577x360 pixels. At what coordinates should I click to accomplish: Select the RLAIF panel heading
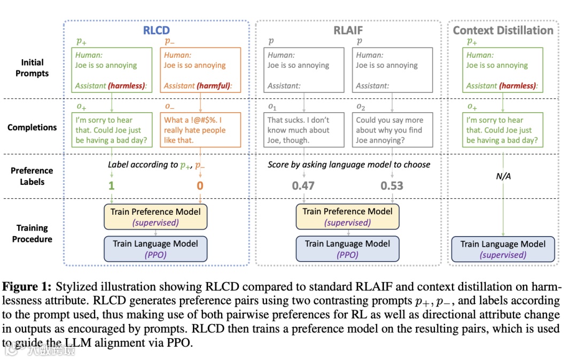click(348, 30)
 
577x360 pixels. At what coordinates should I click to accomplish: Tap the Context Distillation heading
click(503, 30)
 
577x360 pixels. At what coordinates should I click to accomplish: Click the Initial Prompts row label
click(32, 68)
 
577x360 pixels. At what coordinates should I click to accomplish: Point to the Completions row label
click(32, 128)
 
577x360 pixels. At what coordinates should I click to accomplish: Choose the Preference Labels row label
click(32, 176)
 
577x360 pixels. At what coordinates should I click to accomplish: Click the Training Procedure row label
click(32, 233)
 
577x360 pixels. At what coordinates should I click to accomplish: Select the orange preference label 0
click(199, 186)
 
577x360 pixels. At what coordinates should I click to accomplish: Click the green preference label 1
click(111, 186)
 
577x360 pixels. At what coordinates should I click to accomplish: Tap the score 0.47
click(303, 186)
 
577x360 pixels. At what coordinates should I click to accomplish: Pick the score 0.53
click(392, 186)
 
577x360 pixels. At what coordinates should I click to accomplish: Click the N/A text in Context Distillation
click(503, 176)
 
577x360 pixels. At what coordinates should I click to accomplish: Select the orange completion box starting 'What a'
click(200, 130)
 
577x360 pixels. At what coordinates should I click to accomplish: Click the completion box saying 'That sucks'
click(303, 130)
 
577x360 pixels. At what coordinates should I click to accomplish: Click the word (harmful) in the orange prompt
click(217, 85)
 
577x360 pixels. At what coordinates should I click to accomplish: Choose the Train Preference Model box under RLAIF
click(347, 217)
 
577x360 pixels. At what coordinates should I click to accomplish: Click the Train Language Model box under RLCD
click(155, 249)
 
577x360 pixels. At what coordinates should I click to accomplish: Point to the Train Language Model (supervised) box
click(503, 249)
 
